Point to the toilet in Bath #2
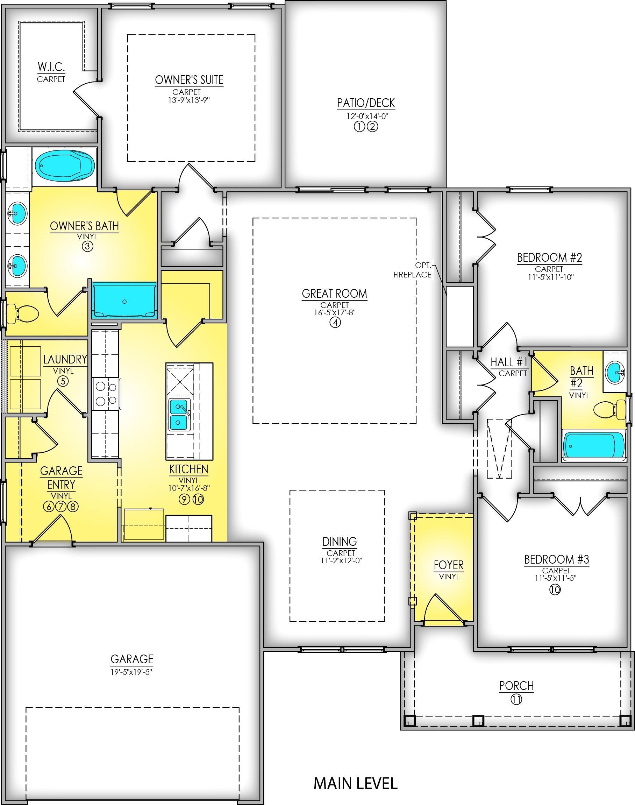610,409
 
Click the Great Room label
334,294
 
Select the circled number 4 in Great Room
335,322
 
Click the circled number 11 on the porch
516,700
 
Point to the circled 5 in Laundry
63,381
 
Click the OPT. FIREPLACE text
413,270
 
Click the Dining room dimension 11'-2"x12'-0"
340,560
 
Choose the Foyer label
449,565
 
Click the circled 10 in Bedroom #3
555,590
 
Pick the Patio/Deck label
366,103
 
